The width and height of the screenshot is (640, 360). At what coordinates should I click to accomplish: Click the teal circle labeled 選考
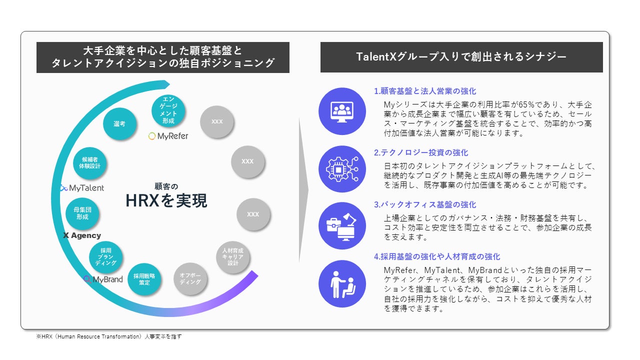coord(119,123)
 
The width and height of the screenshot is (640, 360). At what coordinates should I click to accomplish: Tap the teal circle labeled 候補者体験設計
coord(89,163)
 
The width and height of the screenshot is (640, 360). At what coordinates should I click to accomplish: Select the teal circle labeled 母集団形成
coord(82,213)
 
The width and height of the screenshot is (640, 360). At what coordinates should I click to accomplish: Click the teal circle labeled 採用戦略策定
coord(144,279)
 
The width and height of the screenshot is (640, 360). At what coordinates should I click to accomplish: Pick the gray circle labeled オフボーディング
coord(190,278)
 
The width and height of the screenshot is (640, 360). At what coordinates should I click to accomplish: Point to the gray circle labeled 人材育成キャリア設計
coord(233,257)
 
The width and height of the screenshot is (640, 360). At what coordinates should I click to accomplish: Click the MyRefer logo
coord(168,136)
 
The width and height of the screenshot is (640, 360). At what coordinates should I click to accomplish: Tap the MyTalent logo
coord(82,188)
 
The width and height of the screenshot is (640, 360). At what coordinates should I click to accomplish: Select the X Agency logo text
coord(82,235)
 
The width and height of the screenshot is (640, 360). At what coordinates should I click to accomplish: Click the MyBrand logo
coord(103,279)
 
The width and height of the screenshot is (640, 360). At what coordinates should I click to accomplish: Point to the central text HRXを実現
coord(166,200)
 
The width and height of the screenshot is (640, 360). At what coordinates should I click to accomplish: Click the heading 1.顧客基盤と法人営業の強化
coord(425,91)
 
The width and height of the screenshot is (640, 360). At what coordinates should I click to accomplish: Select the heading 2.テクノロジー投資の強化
coord(421,152)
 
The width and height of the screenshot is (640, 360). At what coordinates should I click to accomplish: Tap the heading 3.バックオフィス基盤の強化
coord(425,204)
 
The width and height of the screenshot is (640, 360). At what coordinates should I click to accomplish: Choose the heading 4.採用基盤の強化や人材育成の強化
coord(437,256)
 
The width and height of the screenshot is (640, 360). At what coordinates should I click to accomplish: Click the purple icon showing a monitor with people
coord(342,111)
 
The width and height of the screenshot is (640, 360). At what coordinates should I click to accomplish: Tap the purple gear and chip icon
coord(342,169)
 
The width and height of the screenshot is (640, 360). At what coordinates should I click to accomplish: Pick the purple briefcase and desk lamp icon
coord(342,225)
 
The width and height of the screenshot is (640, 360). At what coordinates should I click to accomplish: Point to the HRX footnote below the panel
coord(109,336)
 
